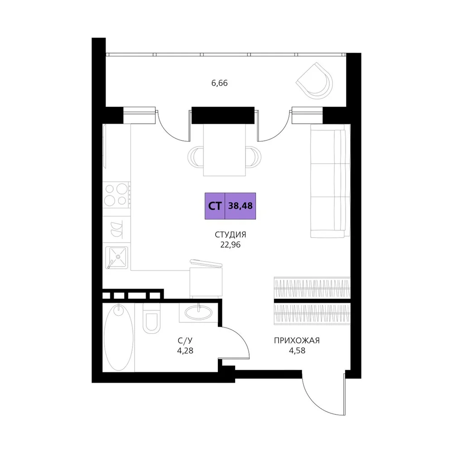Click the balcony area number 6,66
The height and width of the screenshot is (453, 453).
(220, 83)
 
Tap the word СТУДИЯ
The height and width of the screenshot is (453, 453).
(230, 235)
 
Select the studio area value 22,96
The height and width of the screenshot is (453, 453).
(230, 245)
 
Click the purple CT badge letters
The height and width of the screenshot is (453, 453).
(215, 206)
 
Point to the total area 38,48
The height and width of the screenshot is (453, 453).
(241, 206)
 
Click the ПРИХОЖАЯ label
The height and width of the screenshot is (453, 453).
(297, 341)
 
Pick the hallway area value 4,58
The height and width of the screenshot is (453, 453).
(297, 351)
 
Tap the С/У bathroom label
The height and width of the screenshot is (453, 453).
(185, 341)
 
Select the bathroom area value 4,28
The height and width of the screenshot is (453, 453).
(185, 351)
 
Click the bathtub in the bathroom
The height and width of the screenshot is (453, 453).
(118, 337)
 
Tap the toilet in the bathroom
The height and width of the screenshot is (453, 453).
(151, 318)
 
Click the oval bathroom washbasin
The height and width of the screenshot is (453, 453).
(198, 313)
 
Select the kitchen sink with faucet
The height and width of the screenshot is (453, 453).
(117, 257)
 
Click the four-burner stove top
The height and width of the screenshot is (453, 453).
(116, 194)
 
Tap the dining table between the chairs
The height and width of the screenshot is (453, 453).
(225, 150)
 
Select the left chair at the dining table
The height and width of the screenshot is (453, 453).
(195, 157)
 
